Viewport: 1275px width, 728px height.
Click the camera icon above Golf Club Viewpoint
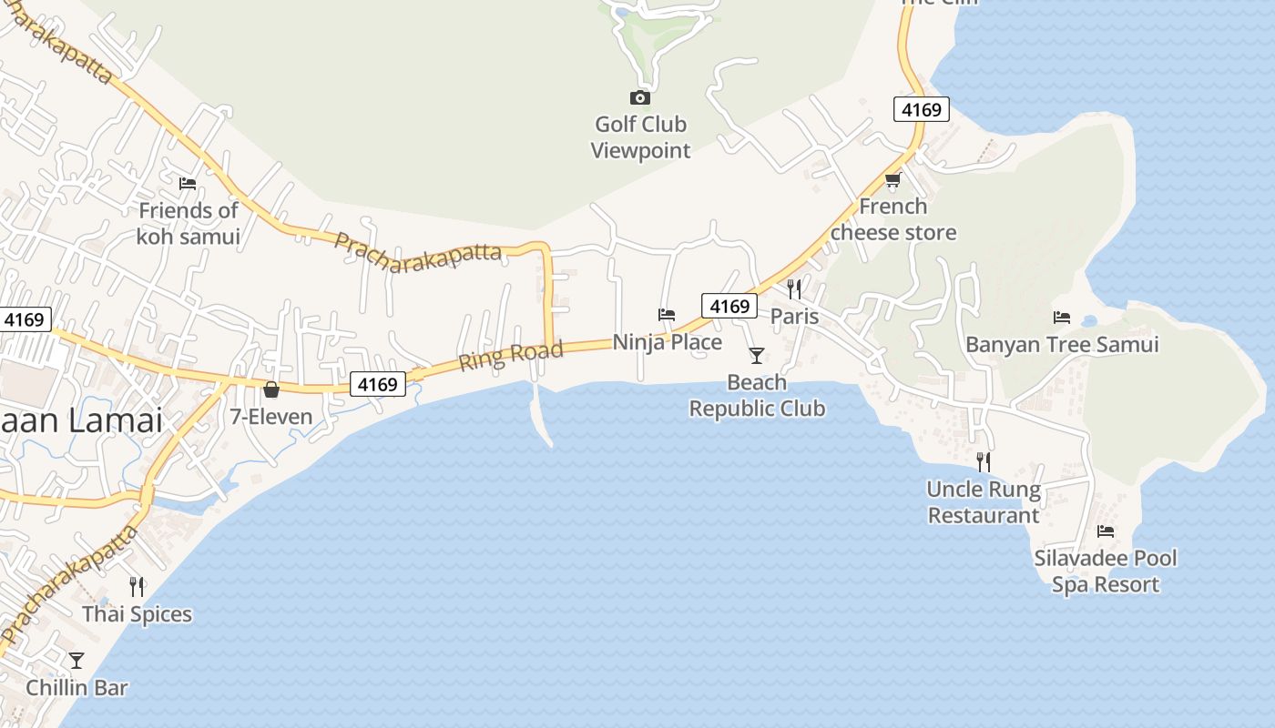click(640, 97)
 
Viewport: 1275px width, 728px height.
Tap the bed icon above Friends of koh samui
click(188, 183)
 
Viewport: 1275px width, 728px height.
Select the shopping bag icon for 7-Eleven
click(270, 390)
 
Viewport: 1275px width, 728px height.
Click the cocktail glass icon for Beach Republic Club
click(757, 355)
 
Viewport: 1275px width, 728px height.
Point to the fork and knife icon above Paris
click(794, 289)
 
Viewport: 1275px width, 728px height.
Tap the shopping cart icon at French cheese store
click(892, 179)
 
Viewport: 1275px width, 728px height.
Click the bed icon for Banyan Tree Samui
click(1062, 318)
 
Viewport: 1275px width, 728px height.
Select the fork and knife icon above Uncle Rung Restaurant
click(983, 462)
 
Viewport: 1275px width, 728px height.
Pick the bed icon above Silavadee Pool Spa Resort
click(1106, 531)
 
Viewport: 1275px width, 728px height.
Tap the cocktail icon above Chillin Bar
click(76, 661)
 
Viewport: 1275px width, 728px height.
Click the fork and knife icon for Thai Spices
click(137, 587)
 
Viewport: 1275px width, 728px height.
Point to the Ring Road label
click(511, 355)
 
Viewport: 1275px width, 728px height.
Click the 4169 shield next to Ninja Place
click(729, 306)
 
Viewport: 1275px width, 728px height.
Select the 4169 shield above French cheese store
click(921, 110)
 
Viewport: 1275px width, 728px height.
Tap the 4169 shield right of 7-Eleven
click(378, 384)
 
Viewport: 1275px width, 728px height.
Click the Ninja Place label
click(668, 342)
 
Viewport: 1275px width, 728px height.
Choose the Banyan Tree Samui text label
click(1062, 345)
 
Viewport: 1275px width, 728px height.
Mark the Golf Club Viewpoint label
click(641, 137)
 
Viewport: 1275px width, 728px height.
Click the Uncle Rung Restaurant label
click(984, 502)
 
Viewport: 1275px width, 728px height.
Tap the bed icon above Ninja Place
click(667, 315)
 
